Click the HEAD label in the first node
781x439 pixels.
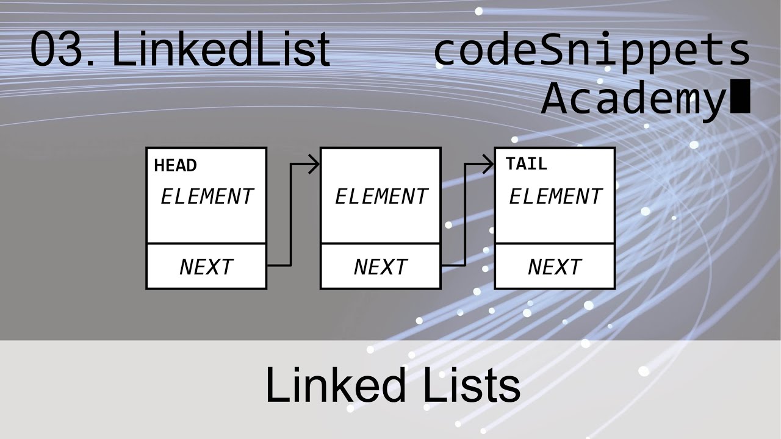[175, 166]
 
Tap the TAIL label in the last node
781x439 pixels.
[526, 164]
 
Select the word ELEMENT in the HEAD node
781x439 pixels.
[206, 197]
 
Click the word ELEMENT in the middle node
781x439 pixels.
[381, 197]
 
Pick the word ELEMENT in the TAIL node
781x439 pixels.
[555, 197]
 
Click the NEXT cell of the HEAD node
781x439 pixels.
[206, 267]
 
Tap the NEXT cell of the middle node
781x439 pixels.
[381, 267]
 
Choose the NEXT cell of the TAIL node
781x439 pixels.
[555, 267]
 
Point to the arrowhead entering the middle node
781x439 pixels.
[314, 164]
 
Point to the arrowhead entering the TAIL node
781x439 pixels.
[488, 164]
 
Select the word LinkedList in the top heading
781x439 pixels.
[221, 50]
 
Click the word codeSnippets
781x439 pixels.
[591, 51]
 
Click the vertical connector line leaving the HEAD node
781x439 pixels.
[291, 215]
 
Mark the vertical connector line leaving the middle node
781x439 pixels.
[466, 215]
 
